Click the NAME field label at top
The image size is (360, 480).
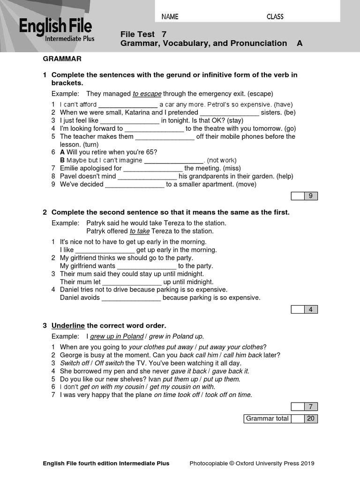tap(170, 17)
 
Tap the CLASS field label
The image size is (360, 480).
tap(275, 17)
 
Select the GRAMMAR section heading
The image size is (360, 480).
tap(62, 59)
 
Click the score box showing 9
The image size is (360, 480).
tap(310, 196)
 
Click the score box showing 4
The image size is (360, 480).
tap(310, 309)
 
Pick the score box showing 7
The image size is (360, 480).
tap(310, 406)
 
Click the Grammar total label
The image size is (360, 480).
tap(267, 419)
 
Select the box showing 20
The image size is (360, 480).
tap(310, 419)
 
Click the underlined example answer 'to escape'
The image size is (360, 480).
tap(147, 94)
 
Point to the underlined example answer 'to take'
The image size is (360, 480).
tap(140, 231)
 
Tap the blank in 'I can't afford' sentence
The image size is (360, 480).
tap(127, 105)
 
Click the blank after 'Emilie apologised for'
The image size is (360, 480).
tap(153, 168)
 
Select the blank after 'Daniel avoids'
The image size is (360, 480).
tap(131, 298)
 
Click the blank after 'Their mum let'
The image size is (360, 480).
tap(132, 282)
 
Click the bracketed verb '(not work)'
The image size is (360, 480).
tap(222, 160)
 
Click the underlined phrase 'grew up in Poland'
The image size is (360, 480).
tap(116, 337)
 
